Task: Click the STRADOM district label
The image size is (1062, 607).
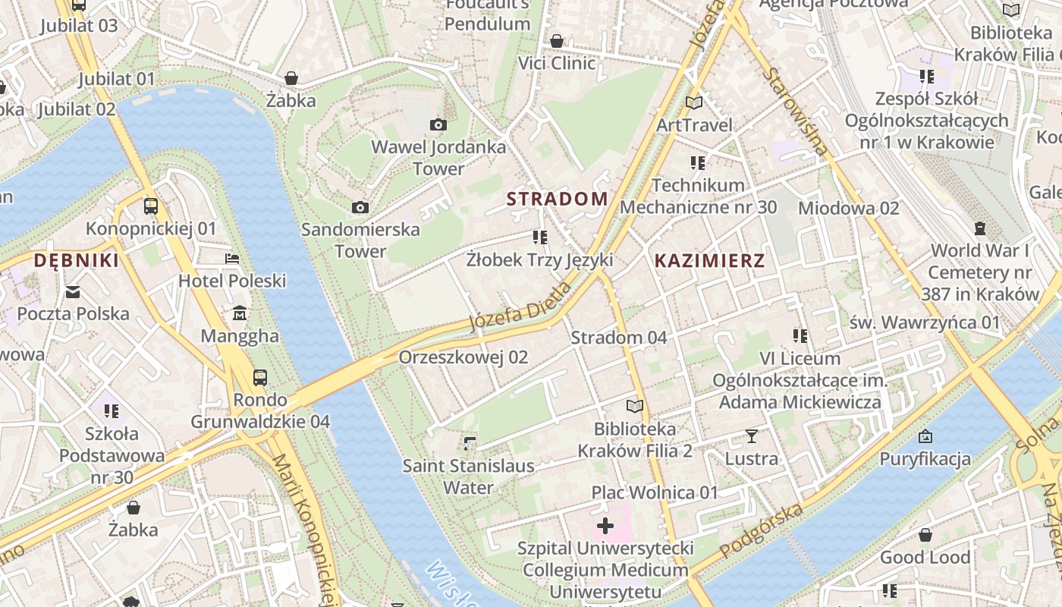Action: pyautogui.click(x=557, y=199)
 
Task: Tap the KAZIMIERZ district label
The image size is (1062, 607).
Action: pyautogui.click(x=709, y=261)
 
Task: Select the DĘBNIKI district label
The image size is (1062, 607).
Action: pyautogui.click(x=76, y=261)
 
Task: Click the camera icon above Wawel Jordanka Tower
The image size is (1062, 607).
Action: pyautogui.click(x=438, y=124)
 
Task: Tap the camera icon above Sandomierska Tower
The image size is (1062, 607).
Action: pyautogui.click(x=360, y=207)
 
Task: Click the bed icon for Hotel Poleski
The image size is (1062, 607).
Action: pyautogui.click(x=232, y=259)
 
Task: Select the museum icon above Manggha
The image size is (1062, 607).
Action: pyautogui.click(x=240, y=313)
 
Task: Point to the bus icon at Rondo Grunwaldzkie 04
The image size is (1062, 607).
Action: pyautogui.click(x=260, y=377)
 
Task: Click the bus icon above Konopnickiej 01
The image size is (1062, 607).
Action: pyautogui.click(x=151, y=206)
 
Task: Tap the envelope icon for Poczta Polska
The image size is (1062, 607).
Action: pyautogui.click(x=73, y=291)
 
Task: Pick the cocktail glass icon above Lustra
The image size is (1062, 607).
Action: pyautogui.click(x=751, y=436)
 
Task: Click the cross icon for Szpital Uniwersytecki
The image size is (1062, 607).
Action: pyautogui.click(x=605, y=525)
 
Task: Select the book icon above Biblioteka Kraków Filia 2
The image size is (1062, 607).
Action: pyautogui.click(x=634, y=407)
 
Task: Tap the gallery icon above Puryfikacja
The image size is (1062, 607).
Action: pyautogui.click(x=925, y=436)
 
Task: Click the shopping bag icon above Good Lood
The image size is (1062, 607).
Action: pyautogui.click(x=925, y=535)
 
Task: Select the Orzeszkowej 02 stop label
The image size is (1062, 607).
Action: pyautogui.click(x=463, y=357)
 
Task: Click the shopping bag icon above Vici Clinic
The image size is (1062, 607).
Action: pyautogui.click(x=557, y=40)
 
